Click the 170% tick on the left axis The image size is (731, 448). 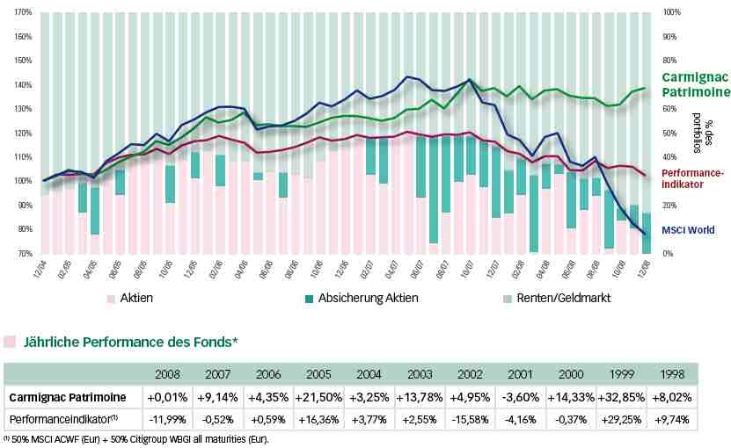coord(24,13)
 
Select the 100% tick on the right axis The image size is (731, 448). coord(672,13)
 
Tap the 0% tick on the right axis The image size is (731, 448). coord(669,254)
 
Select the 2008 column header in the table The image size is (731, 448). coord(168,372)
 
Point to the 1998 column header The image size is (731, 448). coord(673,372)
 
